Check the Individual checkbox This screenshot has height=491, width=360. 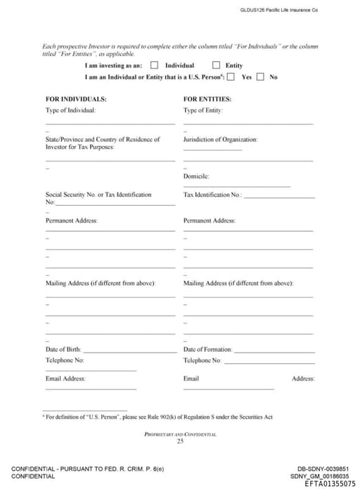pyautogui.click(x=154, y=65)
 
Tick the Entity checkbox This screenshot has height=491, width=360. pyautogui.click(x=216, y=65)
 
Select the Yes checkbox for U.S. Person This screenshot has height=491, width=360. pyautogui.click(x=231, y=77)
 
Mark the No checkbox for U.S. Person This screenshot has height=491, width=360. pyautogui.click(x=260, y=77)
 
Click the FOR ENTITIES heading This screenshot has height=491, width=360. pyautogui.click(x=207, y=99)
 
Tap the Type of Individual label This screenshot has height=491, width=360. pyautogui.click(x=71, y=110)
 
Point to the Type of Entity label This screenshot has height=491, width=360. pyautogui.click(x=203, y=110)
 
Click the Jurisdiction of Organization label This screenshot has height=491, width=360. pyautogui.click(x=220, y=139)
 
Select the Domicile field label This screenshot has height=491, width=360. pyautogui.click(x=196, y=176)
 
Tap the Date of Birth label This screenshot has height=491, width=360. pyautogui.click(x=63, y=349)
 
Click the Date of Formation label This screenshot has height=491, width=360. pyautogui.click(x=207, y=349)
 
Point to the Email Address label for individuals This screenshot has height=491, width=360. pyautogui.click(x=65, y=379)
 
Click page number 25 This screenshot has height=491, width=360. pyautogui.click(x=180, y=441)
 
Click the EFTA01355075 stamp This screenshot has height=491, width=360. pyautogui.click(x=330, y=483)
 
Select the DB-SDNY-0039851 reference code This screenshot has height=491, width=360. pyautogui.click(x=323, y=469)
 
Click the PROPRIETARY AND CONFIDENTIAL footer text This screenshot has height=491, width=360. pyautogui.click(x=180, y=434)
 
